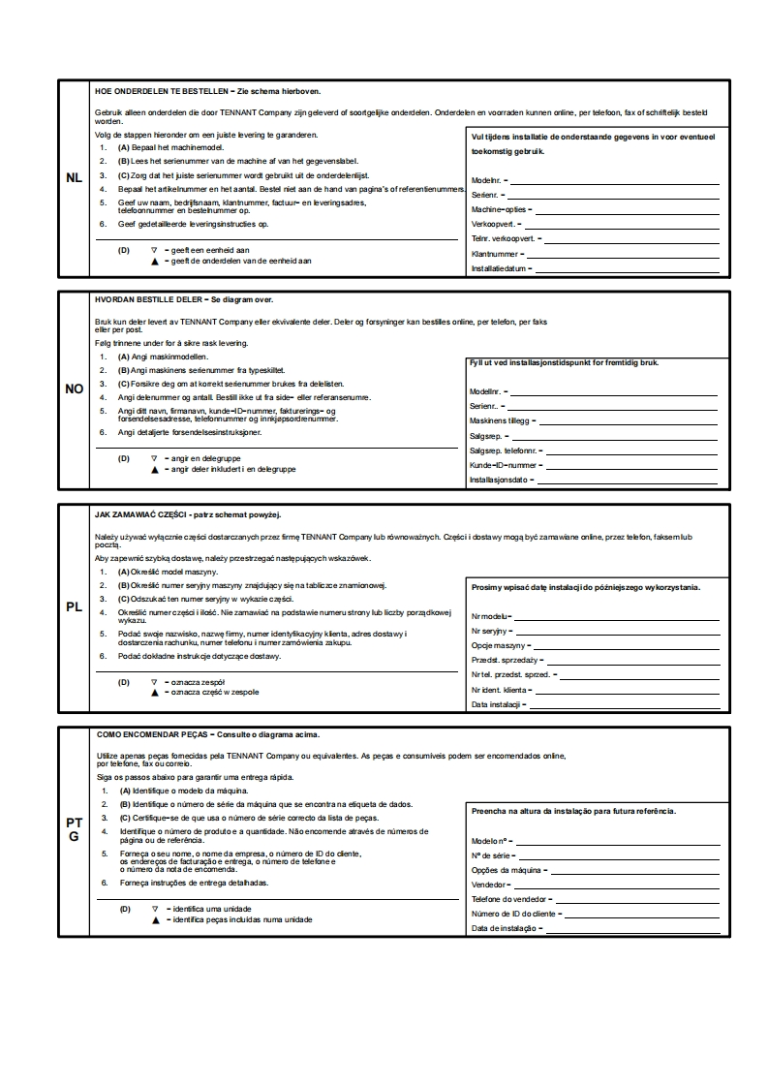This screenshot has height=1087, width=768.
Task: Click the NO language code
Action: (x=74, y=388)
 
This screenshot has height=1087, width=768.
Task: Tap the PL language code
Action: (x=74, y=607)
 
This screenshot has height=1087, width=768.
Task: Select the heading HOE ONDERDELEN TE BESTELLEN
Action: (x=159, y=91)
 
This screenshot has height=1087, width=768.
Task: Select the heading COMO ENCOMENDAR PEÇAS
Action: (x=154, y=735)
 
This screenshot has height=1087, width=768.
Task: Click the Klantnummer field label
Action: (x=495, y=254)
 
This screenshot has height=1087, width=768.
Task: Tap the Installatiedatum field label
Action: (x=499, y=268)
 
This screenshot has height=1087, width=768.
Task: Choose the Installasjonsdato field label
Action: (x=500, y=480)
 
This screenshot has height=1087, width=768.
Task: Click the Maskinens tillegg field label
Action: (x=500, y=421)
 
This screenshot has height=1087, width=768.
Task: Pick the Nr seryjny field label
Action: (x=492, y=631)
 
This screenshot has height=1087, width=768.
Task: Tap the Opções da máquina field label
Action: (x=505, y=870)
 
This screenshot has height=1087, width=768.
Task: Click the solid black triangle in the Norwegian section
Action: (x=154, y=469)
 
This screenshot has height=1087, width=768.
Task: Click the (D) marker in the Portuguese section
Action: (x=125, y=909)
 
